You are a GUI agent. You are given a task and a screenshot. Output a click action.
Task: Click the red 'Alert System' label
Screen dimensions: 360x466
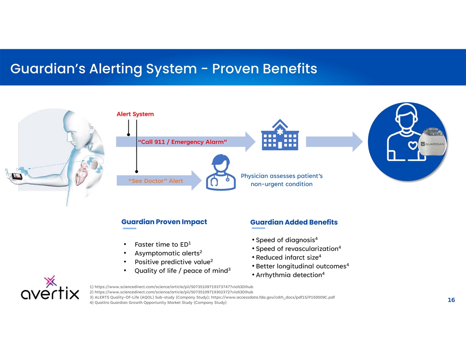135,114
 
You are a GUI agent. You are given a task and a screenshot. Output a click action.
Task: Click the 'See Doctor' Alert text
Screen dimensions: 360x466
155,181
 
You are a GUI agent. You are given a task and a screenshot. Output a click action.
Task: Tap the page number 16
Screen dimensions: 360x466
451,300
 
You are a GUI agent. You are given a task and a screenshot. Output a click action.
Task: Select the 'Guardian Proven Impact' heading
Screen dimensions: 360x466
164,222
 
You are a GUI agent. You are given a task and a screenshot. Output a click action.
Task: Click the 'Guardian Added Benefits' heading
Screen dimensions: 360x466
293,222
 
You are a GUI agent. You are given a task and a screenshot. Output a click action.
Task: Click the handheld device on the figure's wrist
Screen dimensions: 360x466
17,176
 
